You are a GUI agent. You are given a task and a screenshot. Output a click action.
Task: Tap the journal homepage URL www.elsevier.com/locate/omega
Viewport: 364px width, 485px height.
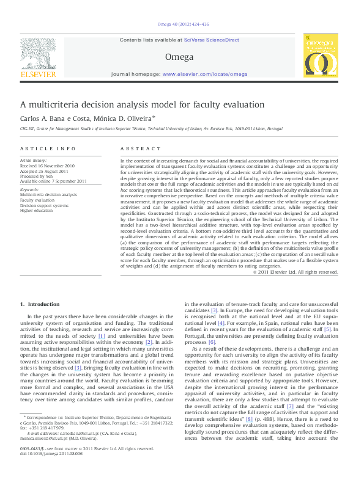[205, 74]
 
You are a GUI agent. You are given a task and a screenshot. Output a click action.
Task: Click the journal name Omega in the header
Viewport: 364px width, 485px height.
[179, 57]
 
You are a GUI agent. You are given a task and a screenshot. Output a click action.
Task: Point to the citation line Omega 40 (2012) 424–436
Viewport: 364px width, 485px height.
[179, 25]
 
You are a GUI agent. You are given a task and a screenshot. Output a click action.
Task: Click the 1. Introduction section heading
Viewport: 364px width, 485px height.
[40, 304]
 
